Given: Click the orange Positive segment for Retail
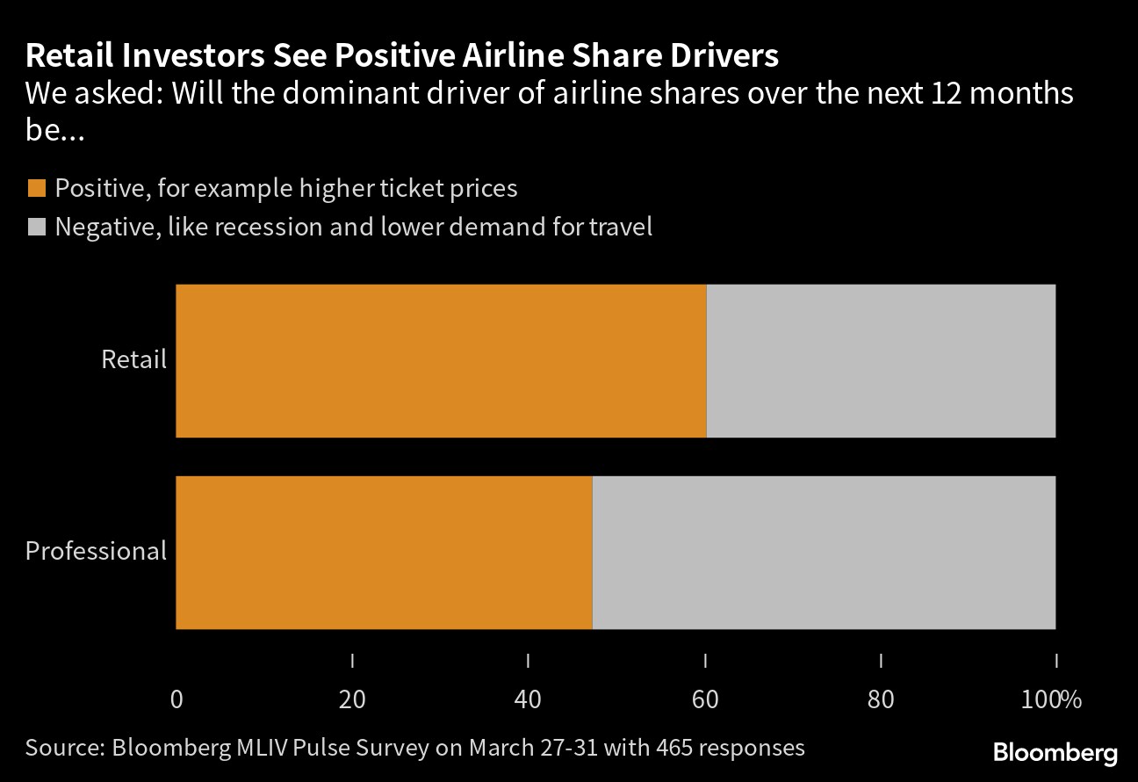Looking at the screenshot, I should coord(441,360).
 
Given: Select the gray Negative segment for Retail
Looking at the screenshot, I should coord(881,360).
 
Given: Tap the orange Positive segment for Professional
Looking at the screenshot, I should coord(384,552).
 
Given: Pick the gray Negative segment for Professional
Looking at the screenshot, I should coord(824,552).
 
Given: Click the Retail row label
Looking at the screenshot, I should coord(133,359).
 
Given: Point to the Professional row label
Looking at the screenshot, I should coord(96,551).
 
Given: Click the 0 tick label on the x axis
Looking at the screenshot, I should coord(176,700).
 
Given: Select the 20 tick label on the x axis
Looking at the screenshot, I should coord(352,700).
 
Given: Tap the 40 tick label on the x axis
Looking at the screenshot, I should coord(528,700).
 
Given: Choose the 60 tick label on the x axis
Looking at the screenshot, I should coord(705,700).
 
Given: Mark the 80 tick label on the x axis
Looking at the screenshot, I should coord(881,700).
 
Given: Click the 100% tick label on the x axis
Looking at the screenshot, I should coord(1051,700).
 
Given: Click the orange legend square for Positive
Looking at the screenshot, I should coord(37,188).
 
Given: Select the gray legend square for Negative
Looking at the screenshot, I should coord(37,228).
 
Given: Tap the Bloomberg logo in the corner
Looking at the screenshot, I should coord(1055,753).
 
